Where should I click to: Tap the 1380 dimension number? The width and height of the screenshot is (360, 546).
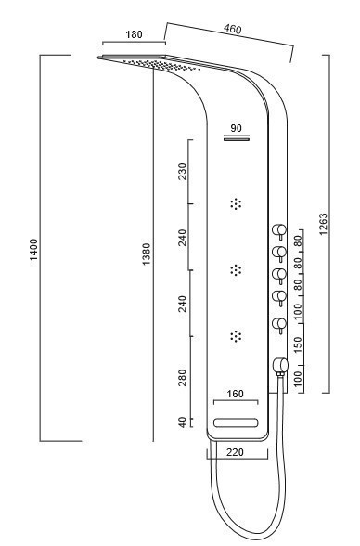point(147,253)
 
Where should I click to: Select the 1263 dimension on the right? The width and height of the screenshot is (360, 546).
point(323,224)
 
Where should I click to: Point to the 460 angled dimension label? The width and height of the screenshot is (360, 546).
point(232,29)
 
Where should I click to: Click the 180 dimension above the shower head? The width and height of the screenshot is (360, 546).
point(134,34)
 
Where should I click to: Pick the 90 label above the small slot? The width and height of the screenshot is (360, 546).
point(237,128)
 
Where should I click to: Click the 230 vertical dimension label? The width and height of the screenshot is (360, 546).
point(182,171)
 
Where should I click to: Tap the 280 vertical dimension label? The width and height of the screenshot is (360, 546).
point(182,378)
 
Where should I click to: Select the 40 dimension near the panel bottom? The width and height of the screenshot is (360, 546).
point(182,422)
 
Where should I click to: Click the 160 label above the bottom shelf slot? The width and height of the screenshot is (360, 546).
point(236,394)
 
